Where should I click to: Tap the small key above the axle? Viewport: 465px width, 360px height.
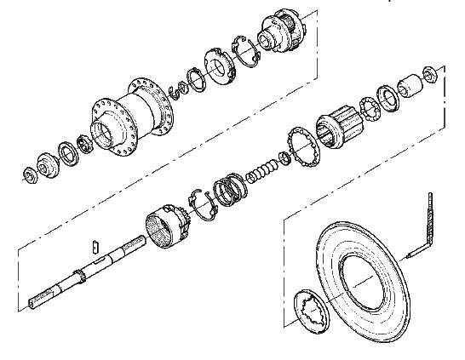95,246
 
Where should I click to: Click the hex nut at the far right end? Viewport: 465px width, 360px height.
430,74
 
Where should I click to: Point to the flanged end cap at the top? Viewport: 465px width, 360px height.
281,33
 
